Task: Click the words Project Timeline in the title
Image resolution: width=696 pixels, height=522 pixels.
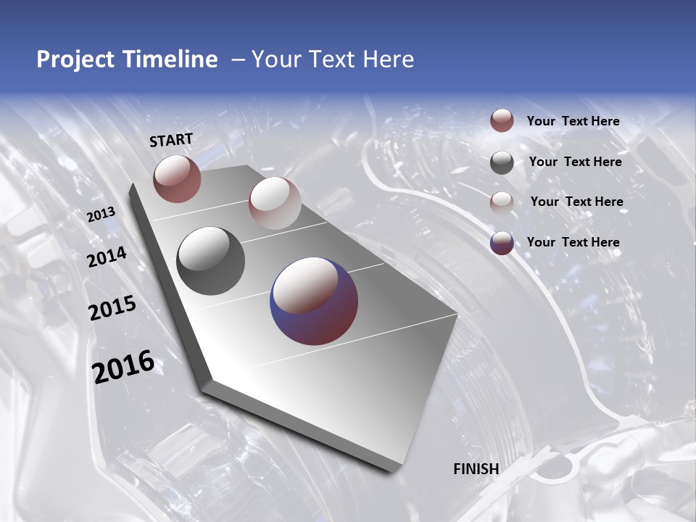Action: [127, 59]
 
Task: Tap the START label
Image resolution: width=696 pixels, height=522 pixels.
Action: [171, 140]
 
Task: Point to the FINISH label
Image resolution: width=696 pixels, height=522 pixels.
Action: [476, 469]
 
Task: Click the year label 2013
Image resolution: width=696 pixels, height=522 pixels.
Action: [101, 215]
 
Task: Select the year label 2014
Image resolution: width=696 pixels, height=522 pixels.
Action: [107, 257]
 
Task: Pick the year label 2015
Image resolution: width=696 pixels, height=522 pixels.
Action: [112, 308]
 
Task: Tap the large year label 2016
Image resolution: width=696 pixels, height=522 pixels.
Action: [123, 366]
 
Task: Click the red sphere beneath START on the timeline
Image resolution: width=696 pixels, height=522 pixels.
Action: [177, 178]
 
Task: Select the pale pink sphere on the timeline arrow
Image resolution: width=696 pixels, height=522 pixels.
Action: [275, 203]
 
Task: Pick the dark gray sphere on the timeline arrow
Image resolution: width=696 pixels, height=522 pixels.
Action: [211, 261]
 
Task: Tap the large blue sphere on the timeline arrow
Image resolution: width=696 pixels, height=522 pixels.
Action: [314, 301]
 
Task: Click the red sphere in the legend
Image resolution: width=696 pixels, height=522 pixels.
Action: [502, 121]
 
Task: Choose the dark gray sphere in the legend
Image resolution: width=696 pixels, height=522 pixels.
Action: [502, 162]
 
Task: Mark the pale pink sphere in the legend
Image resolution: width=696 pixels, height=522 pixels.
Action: [502, 202]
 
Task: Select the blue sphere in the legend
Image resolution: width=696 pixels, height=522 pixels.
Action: [502, 243]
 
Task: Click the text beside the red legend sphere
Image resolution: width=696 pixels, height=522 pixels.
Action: [573, 122]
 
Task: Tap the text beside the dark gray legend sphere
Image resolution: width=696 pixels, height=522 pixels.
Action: [575, 162]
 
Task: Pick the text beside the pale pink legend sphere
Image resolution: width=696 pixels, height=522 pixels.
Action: [576, 202]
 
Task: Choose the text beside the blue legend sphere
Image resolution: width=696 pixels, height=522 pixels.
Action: [573, 242]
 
